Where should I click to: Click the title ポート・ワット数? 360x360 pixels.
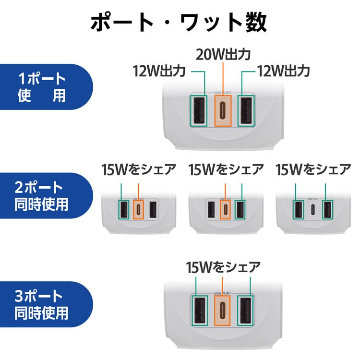tap(180, 23)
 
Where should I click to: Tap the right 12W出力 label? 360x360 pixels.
tap(283, 72)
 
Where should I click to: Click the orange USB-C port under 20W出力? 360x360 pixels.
tap(223, 110)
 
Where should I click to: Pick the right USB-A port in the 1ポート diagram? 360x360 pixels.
tap(246, 110)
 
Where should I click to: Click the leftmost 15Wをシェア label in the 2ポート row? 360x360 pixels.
tap(139, 169)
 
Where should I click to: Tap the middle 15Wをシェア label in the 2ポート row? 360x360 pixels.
tap(226, 169)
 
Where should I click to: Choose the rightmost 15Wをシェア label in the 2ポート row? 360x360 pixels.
tap(313, 169)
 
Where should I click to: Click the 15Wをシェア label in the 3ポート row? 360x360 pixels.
tap(224, 266)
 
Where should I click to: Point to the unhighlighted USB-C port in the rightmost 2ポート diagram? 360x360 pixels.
tap(312, 210)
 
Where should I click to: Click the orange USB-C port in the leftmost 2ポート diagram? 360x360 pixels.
tap(139, 210)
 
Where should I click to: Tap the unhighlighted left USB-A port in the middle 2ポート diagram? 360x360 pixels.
tap(211, 210)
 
